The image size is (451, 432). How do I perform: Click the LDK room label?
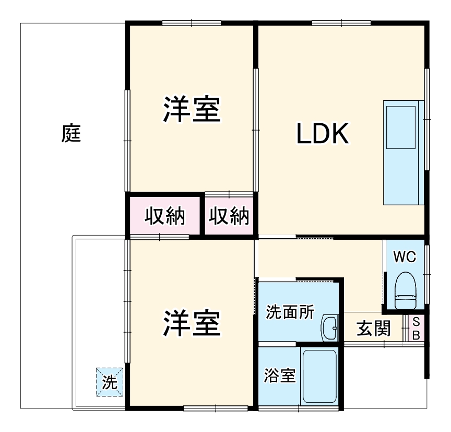pyautogui.click(x=322, y=135)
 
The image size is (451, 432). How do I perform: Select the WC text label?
pyautogui.click(x=404, y=257)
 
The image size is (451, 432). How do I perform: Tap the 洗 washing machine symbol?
pyautogui.click(x=110, y=382)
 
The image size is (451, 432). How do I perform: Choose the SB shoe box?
pyautogui.click(x=416, y=328)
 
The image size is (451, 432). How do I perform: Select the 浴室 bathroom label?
pyautogui.click(x=280, y=376)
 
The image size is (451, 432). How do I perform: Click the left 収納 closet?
pyautogui.click(x=165, y=216)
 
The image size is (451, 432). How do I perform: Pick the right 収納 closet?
pyautogui.click(x=230, y=216)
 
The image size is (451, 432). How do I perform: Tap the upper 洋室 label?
pyautogui.click(x=192, y=110)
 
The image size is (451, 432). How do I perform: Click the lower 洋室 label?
pyautogui.click(x=192, y=323)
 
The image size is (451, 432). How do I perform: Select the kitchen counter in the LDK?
pyautogui.click(x=401, y=152)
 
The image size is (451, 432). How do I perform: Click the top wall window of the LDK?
pyautogui.click(x=341, y=23)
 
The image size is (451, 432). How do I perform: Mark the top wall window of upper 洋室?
pyautogui.click(x=192, y=23)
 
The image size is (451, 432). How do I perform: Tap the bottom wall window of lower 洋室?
pyautogui.click(x=215, y=408)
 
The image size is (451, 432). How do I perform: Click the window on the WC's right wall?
pyautogui.click(x=428, y=273)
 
